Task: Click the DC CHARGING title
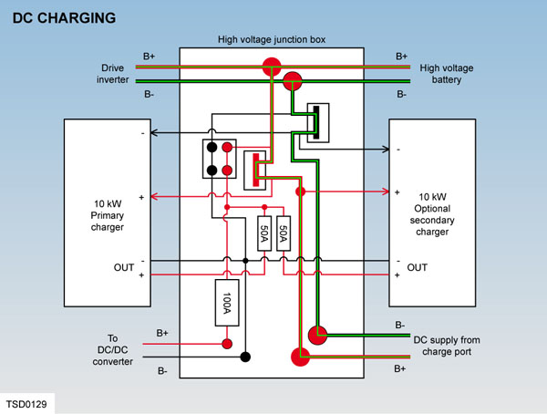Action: click(x=63, y=16)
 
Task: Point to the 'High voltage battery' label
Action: click(x=449, y=74)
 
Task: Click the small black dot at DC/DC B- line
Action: click(x=244, y=357)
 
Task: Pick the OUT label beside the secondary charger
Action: click(x=417, y=267)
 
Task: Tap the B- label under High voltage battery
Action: click(x=402, y=94)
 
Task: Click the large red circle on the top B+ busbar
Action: click(x=273, y=66)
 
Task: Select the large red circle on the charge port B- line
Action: click(x=317, y=333)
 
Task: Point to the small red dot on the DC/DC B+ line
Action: click(x=227, y=343)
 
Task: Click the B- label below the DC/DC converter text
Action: click(x=161, y=370)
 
